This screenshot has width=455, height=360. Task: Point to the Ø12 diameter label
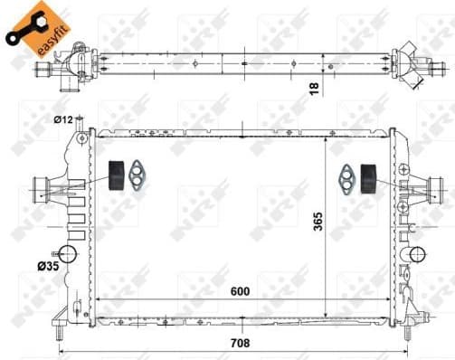click(62, 119)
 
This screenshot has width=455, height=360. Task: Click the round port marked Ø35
click(66, 253)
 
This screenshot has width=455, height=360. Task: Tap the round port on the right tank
click(417, 254)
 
